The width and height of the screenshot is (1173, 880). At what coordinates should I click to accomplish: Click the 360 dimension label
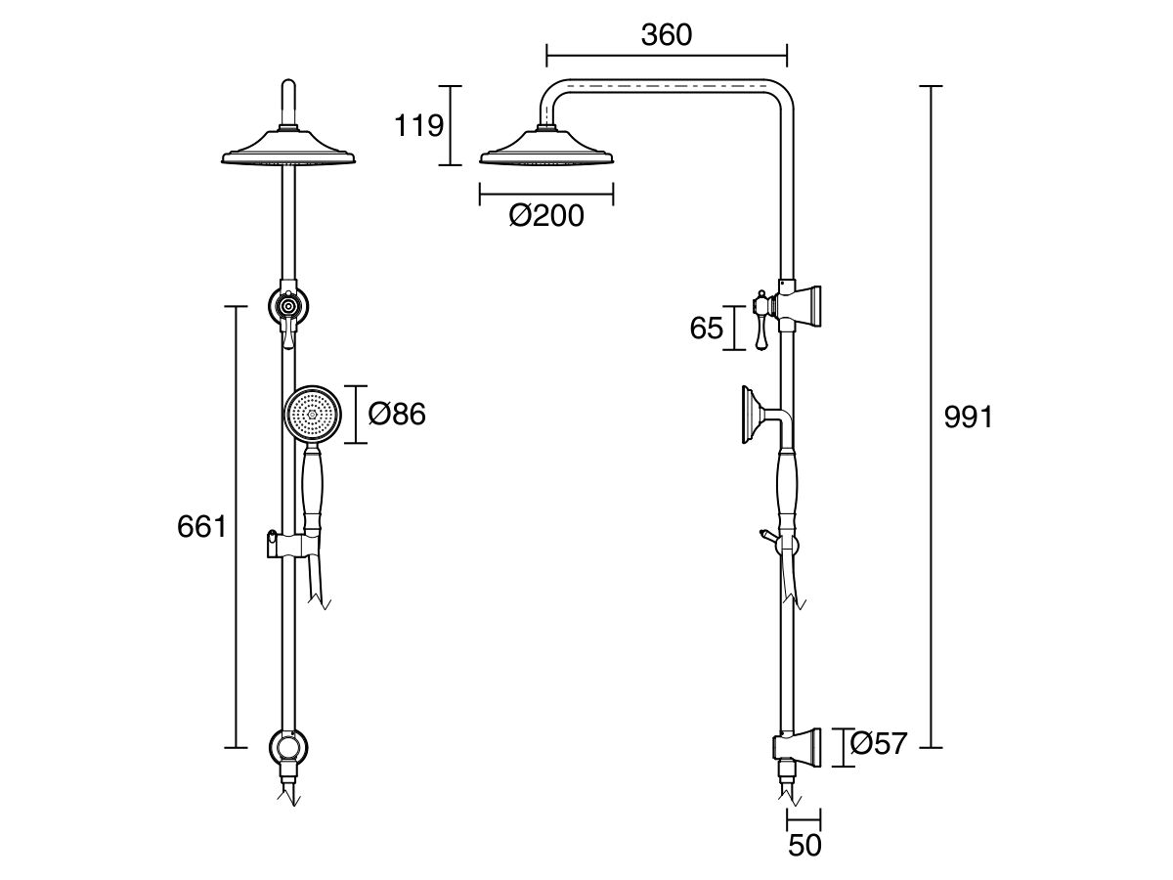666,35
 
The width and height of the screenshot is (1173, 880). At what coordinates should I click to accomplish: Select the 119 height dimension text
418,126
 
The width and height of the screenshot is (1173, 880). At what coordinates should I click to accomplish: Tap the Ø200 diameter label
546,216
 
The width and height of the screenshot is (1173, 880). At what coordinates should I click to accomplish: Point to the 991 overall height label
968,418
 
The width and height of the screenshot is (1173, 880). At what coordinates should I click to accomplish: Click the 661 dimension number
201,527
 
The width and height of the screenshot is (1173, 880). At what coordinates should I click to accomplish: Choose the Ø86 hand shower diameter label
397,415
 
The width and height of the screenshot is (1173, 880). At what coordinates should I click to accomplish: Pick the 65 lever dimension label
706,329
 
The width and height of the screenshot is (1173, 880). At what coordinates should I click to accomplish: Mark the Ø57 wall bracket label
879,745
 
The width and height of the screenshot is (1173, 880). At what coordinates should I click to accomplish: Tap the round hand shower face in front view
313,414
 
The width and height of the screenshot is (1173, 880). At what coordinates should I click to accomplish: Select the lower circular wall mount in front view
287,748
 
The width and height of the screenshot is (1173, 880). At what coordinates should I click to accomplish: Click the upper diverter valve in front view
287,306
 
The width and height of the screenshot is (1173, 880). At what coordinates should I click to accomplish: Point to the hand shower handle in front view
313,489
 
